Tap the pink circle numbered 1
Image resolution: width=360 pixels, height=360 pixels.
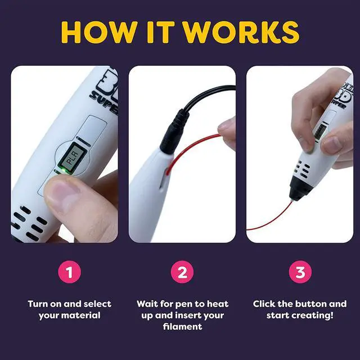pyautogui.click(x=69, y=272)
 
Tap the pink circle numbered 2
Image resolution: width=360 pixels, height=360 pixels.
pyautogui.click(x=182, y=272)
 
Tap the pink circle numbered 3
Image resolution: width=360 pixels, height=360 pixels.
pyautogui.click(x=300, y=272)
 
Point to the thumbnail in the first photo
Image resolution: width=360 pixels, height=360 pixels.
pyautogui.click(x=61, y=195)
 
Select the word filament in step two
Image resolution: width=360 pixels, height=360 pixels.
pyautogui.click(x=182, y=326)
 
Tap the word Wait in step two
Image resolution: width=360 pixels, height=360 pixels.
pyautogui.click(x=147, y=304)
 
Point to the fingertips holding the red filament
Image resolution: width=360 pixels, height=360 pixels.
pyautogui.click(x=227, y=132)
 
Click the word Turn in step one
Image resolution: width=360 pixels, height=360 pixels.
pyautogui.click(x=38, y=304)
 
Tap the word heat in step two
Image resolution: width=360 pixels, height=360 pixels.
pyautogui.click(x=218, y=304)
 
